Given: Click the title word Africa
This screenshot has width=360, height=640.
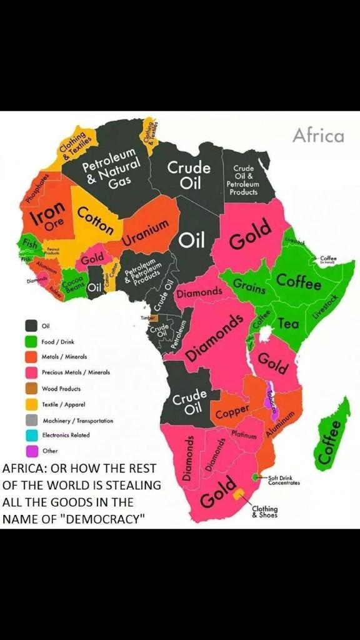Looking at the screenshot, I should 318,135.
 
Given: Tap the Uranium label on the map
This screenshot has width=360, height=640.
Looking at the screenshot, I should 146,232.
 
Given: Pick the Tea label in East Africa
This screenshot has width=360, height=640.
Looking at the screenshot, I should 288,324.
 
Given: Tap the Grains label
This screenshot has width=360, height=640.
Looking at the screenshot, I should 249,287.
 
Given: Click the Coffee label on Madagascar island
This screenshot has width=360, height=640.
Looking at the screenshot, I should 331,442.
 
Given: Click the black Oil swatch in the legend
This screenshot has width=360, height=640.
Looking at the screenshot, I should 31,326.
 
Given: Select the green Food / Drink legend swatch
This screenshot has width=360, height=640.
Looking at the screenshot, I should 31,342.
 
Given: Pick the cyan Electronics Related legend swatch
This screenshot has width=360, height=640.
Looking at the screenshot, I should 31,435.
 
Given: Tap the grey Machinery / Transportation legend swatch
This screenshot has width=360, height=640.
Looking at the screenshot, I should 31,420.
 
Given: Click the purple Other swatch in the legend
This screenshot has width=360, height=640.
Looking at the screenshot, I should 31,451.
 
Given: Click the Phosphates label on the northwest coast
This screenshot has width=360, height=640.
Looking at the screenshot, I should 36,186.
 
